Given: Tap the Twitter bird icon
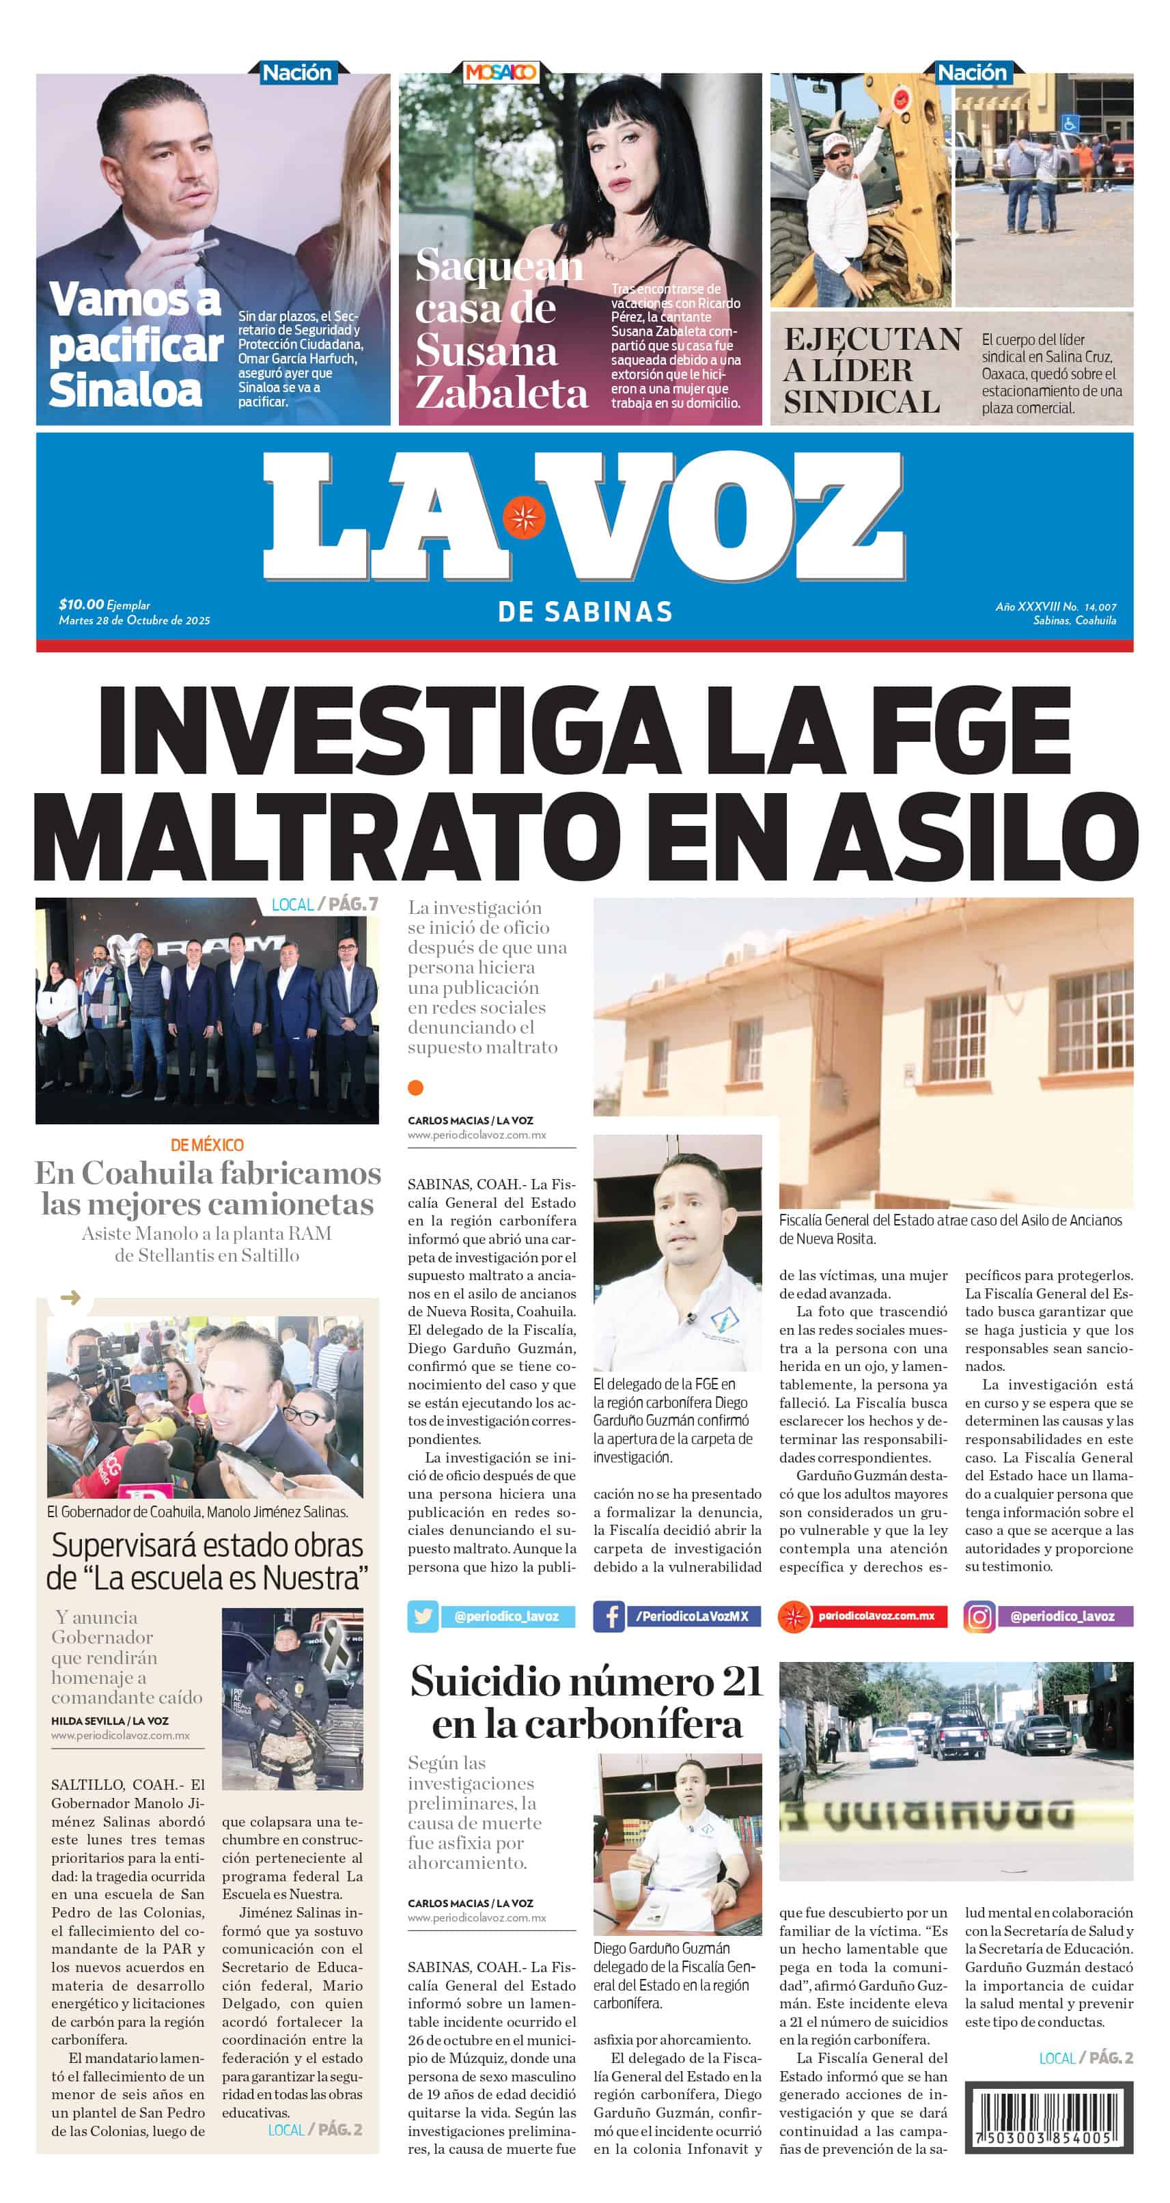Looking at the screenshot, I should pos(423,1616).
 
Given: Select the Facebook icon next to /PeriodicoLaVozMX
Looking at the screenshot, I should pos(609,1616).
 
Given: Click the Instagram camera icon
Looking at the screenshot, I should pos(979,1616).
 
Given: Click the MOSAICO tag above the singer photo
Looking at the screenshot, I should pos(501,72).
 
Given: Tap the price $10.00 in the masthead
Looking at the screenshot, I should pos(81,605).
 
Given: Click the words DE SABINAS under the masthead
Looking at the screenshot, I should pos(585,611).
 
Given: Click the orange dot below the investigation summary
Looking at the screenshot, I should pos(416,1087).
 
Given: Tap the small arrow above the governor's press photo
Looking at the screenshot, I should pos(70,1297).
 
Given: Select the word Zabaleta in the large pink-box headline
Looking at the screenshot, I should pos(501,393).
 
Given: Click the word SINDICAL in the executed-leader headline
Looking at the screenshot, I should pos(861,402).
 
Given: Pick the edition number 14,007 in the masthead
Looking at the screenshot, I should pos(1100,607).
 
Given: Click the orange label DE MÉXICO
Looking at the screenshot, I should pos(207,1145).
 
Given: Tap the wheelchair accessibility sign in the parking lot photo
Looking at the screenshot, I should pos(1069,123).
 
